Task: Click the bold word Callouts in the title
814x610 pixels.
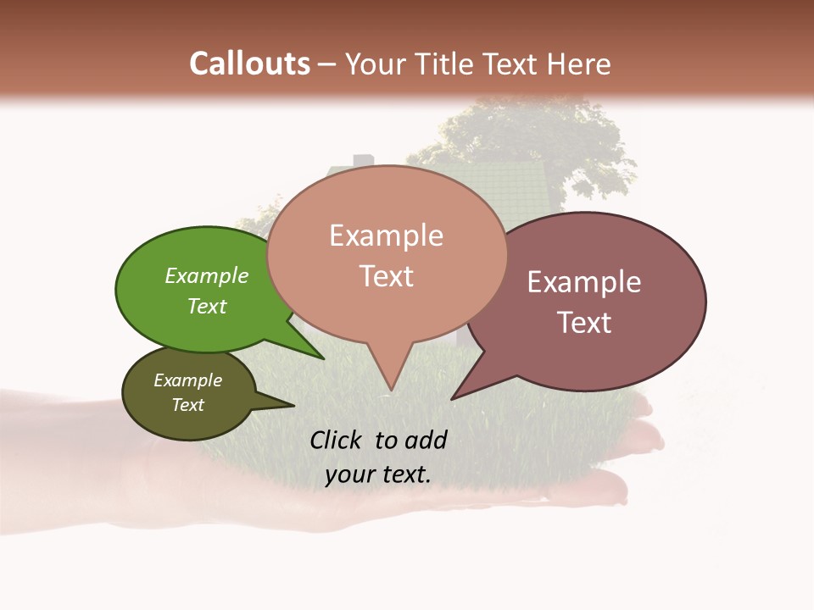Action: (x=249, y=64)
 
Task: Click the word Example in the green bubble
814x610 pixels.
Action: (x=207, y=275)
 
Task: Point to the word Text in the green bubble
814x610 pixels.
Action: (x=207, y=306)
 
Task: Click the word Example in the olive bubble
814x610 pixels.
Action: (x=188, y=380)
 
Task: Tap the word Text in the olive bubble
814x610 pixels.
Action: (x=188, y=405)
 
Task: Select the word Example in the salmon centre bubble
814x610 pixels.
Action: (x=387, y=236)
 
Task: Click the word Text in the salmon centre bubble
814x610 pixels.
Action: (x=387, y=276)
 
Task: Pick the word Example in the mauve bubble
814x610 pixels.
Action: (x=584, y=282)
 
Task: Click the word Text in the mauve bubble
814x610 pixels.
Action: (x=584, y=322)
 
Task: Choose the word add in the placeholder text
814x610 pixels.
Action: (x=426, y=440)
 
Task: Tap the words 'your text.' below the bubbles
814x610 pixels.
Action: (x=378, y=474)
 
